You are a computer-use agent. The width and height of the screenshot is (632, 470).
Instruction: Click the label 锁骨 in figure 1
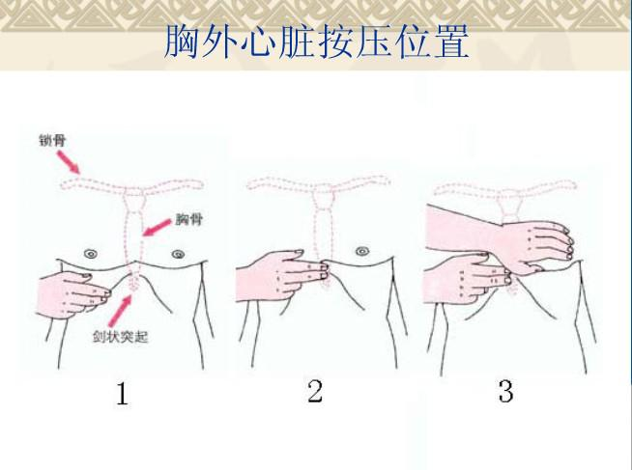coord(52,141)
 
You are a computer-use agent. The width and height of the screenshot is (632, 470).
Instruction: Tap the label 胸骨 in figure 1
coord(188,219)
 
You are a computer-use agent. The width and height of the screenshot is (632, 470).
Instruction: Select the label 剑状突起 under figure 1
coord(121,337)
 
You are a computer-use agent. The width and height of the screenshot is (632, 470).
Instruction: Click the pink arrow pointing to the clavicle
coord(68,162)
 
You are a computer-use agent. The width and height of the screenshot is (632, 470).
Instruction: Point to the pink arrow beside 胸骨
coord(158,228)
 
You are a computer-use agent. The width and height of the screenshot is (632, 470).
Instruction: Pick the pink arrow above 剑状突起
coord(120,310)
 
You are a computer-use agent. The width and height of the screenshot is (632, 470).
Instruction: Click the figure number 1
coord(122,394)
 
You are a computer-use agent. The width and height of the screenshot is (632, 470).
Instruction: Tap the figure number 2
coord(315,391)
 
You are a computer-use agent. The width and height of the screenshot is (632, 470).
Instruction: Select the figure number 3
coord(505,391)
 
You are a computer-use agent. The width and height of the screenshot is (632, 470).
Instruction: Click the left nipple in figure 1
coord(90,254)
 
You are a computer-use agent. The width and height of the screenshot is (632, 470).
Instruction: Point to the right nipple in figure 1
coord(178,255)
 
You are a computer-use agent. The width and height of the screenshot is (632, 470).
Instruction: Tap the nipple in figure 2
coord(362,252)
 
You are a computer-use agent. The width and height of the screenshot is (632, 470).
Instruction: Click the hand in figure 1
coord(72,293)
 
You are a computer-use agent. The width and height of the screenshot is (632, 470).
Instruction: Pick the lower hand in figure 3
coord(468,280)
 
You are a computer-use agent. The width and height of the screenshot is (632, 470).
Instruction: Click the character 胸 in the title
coord(182,41)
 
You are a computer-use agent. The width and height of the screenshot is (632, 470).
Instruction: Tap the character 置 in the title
coord(451,41)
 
